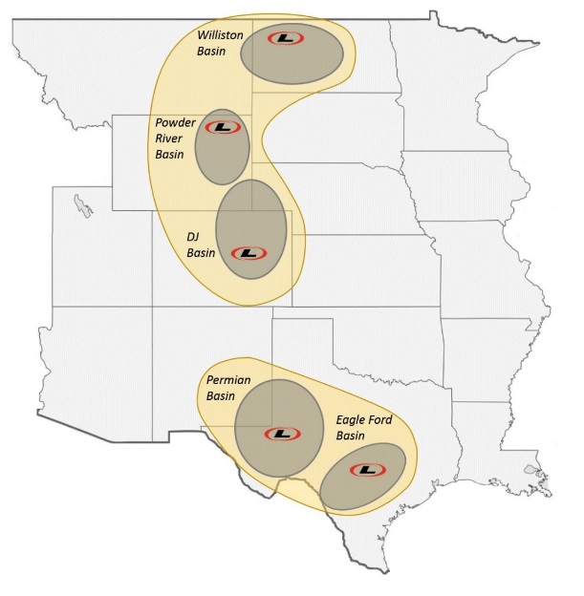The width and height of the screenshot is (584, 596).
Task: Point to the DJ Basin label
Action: (201, 245)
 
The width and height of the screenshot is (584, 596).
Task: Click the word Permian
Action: (228, 380)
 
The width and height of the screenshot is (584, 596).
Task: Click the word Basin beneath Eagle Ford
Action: (353, 435)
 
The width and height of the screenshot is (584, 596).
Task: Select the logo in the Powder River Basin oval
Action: (222, 127)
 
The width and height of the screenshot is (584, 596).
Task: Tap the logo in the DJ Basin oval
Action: (248, 253)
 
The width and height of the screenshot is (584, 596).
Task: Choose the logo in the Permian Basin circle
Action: (280, 434)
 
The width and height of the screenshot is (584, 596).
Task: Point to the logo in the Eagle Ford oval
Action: (366, 470)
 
